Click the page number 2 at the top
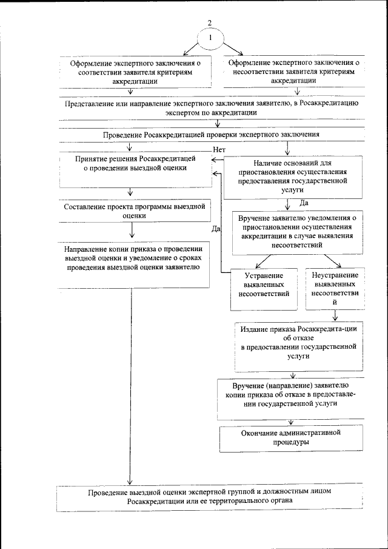[210, 23]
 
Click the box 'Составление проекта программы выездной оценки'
[135, 211]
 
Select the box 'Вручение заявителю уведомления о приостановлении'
[296, 232]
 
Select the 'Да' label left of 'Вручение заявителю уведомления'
[215, 229]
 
